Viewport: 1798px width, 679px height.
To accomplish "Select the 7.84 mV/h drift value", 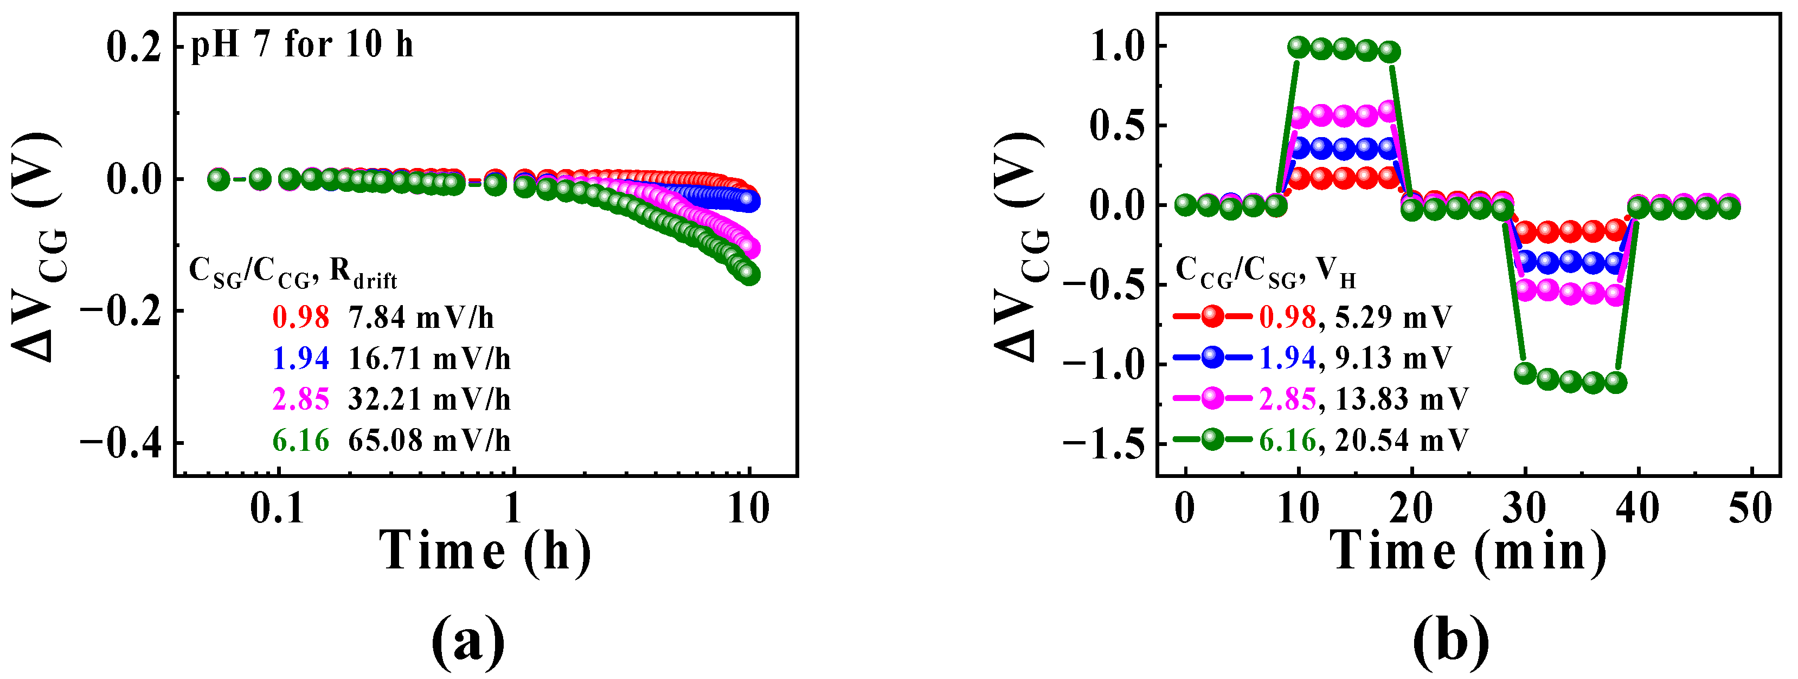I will pos(421,318).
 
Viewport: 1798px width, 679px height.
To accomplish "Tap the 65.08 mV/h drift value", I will pos(429,441).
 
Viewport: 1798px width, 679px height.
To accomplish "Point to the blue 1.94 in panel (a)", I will pos(300,359).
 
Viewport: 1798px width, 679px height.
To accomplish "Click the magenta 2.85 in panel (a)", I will pos(300,400).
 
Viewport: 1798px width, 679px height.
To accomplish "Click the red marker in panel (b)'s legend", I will pos(1212,317).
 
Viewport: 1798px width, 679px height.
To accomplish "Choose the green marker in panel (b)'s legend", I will pos(1212,439).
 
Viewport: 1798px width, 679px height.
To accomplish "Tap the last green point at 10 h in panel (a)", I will pos(750,274).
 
